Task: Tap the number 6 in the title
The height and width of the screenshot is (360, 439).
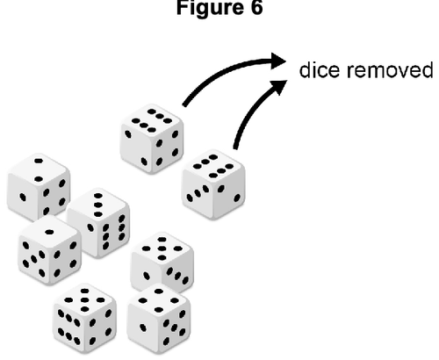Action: pyautogui.click(x=256, y=7)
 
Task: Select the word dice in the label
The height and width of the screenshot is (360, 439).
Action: pyautogui.click(x=320, y=70)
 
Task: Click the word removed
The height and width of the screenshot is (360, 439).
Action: pyautogui.click(x=390, y=70)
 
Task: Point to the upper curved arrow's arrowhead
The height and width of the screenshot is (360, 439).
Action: pyautogui.click(x=278, y=61)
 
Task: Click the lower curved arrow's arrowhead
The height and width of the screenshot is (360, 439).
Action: pyautogui.click(x=279, y=87)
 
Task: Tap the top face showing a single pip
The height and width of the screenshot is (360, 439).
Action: pyautogui.click(x=49, y=232)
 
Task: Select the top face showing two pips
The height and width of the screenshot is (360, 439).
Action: pyautogui.click(x=39, y=169)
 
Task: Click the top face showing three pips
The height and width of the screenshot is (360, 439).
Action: pyautogui.click(x=98, y=205)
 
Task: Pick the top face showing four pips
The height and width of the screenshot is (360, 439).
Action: pyautogui.click(x=159, y=300)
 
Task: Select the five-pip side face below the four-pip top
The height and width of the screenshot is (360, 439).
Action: pyautogui.click(x=174, y=328)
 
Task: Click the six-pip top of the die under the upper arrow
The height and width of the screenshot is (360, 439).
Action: pyautogui.click(x=152, y=120)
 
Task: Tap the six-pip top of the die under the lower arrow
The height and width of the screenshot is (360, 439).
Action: pyautogui.click(x=213, y=166)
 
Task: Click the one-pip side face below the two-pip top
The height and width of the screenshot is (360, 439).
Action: pyautogui.click(x=23, y=197)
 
